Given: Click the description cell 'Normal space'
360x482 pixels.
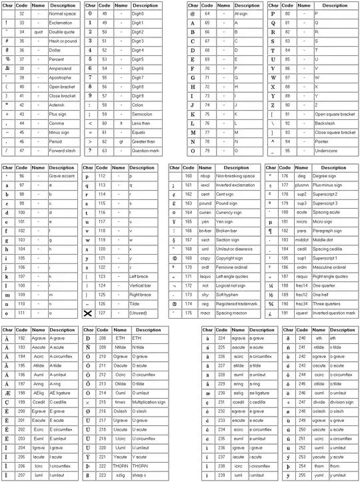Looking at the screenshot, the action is (x=63, y=13).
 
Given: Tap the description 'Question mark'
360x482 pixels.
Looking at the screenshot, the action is (x=146, y=151).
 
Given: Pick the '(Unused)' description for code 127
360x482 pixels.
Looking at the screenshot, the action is (x=141, y=312).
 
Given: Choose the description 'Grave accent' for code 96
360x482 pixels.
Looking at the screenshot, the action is (x=63, y=175).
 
